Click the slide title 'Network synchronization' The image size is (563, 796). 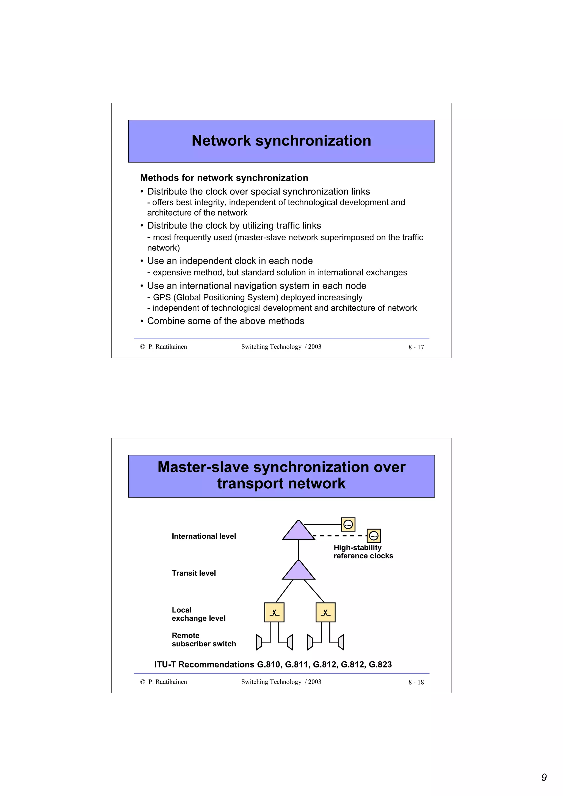pos(281,141)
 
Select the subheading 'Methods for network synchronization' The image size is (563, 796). pos(224,178)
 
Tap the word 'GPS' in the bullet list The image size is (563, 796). pos(162,297)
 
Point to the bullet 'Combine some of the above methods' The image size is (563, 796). pos(225,321)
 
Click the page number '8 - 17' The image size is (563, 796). pos(416,347)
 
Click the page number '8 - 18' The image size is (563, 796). pos(416,682)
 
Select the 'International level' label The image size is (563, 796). pos(204,536)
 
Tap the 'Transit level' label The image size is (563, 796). pos(194,573)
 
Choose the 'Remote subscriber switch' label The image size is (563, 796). pos(204,640)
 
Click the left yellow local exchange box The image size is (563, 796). pos(274,612)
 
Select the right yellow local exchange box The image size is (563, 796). pos(325,612)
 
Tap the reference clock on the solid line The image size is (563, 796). pos(348,525)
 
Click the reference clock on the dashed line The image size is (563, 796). pos(374,536)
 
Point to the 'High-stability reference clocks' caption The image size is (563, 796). pos(363,552)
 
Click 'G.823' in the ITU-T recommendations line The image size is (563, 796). pos(380,665)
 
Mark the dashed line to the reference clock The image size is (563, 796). pos(340,536)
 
